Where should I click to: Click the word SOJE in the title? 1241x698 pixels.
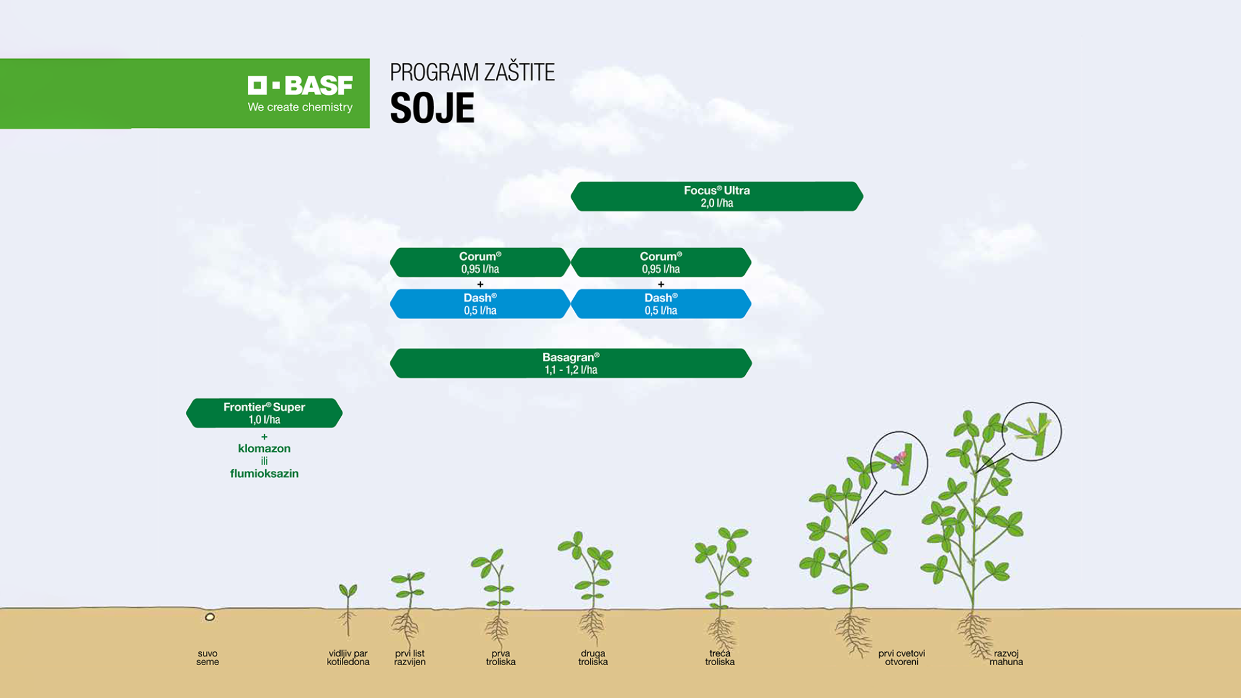pos(432,109)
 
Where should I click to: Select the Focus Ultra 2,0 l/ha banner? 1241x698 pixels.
pos(717,197)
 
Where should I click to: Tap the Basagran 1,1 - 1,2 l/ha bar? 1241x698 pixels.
pos(571,363)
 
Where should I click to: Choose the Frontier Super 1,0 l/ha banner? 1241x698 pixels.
pos(264,413)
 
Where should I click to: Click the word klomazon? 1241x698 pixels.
pos(264,449)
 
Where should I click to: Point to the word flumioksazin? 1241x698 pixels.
pos(264,473)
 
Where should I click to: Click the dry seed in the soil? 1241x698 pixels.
pos(210,617)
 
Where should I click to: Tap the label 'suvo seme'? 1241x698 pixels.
pos(208,658)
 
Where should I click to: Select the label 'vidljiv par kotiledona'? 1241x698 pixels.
pos(348,658)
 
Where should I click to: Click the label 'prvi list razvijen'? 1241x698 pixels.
pos(410,658)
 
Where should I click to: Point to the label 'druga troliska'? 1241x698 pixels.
pos(593,658)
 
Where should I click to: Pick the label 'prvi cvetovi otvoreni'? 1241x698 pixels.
pos(902,658)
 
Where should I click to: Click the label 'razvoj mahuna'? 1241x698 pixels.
pos(1006,658)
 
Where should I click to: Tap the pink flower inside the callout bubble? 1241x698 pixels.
pos(899,459)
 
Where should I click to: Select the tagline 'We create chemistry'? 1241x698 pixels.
pos(300,107)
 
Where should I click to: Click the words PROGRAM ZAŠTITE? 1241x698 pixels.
pos(472,73)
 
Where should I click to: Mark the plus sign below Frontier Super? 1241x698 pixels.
pos(264,437)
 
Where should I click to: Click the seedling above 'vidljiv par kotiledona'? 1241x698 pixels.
pos(347,609)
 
